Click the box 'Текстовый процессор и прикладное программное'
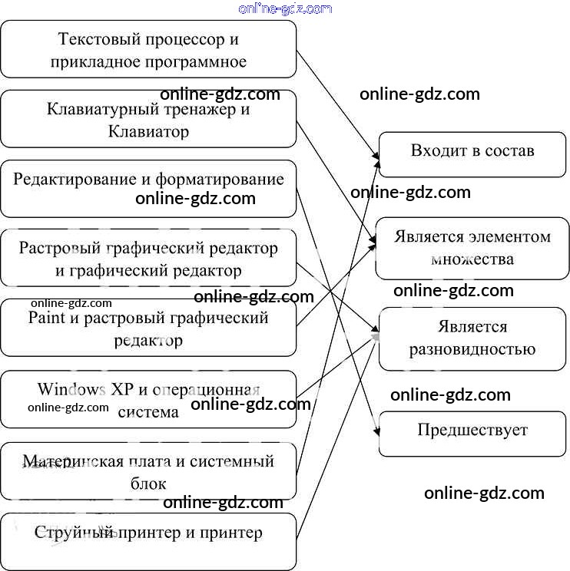pos(148,49)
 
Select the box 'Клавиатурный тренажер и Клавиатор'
pos(148,119)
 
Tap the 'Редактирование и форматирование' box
pos(148,189)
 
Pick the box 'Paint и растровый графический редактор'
pos(148,328)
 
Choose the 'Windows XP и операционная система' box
pos(148,399)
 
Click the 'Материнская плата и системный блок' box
pos(148,471)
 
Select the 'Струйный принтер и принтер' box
pos(148,542)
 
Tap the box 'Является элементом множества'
pos(472,248)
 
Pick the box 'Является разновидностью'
pos(472,338)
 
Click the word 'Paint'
pos(45,317)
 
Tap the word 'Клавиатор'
pos(148,132)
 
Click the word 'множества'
pos(472,259)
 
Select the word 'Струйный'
pos(74,533)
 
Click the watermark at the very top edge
pos(285,8)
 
